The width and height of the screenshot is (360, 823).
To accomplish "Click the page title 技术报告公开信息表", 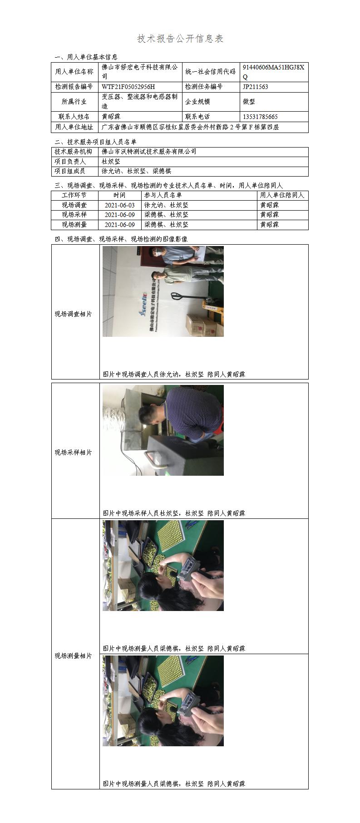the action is (x=180, y=39).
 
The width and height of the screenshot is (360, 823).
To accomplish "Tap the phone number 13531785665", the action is (x=260, y=117).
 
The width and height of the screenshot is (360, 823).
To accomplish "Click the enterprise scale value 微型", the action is (x=249, y=102).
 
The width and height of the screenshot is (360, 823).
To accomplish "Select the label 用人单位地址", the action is (x=74, y=128).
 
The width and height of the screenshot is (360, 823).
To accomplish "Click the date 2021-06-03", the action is (x=120, y=205).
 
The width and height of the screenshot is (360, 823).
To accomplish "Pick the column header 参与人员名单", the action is (x=163, y=195).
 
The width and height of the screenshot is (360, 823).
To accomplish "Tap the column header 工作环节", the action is (x=74, y=195).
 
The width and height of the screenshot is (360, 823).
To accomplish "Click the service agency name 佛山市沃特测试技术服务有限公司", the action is (x=149, y=152).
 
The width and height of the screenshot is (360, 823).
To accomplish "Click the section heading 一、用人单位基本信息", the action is (x=86, y=57).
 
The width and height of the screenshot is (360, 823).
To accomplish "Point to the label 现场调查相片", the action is (x=74, y=314).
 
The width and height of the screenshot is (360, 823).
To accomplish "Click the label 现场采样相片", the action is (x=74, y=453).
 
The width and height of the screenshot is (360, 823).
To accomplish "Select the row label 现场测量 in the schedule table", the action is (x=74, y=225).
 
